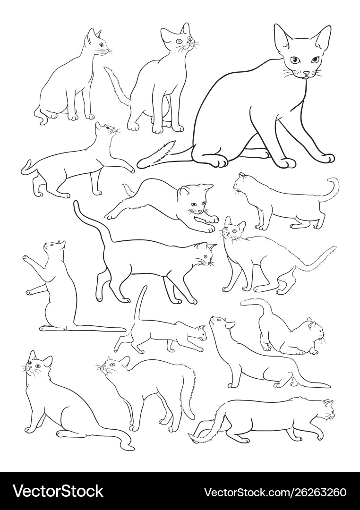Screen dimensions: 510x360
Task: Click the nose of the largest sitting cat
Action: pyautogui.click(x=306, y=74)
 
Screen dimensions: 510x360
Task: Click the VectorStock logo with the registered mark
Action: pyautogui.click(x=58, y=491)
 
